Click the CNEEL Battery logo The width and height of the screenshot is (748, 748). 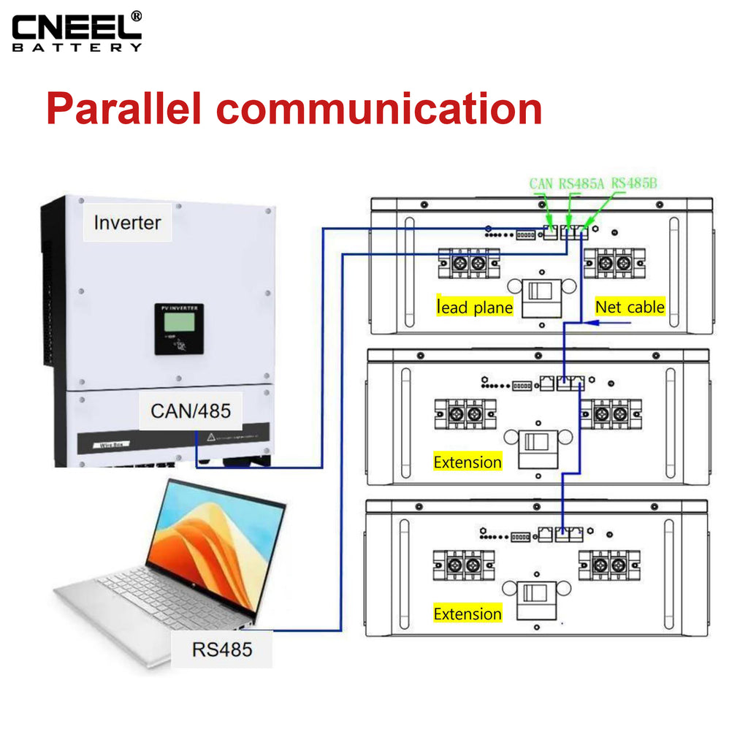point(77,31)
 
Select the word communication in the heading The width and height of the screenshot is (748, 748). point(380,108)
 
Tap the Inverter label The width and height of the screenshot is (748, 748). point(127,222)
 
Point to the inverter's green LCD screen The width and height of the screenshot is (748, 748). point(180,321)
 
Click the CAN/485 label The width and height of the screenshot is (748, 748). point(191,411)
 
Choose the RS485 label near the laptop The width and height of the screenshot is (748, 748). point(221,649)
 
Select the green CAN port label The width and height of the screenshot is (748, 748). point(541,183)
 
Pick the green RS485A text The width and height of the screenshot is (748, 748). point(581,183)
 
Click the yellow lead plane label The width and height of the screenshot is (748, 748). point(474,308)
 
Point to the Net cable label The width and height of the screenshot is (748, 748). point(630,307)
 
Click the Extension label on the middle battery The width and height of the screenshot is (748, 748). point(467,462)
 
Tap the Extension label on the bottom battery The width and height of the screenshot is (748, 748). point(467,614)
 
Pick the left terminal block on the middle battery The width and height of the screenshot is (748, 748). point(465,414)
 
